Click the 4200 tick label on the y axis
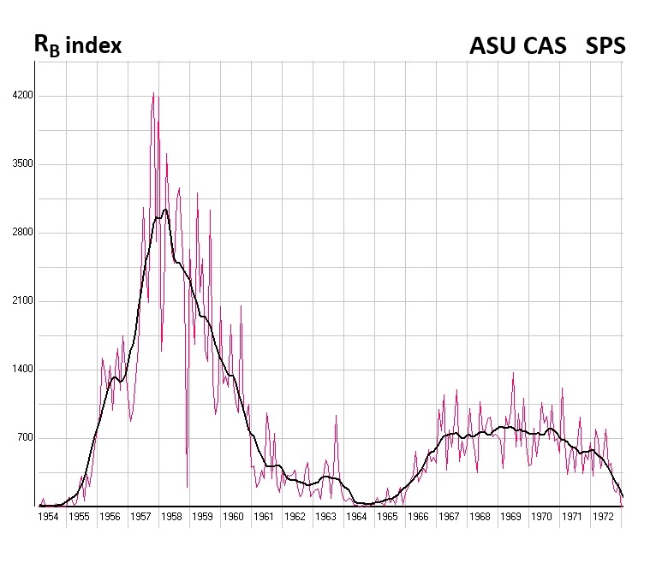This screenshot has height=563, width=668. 20,96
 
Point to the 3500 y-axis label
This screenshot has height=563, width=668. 20,164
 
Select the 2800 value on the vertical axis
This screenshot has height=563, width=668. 20,233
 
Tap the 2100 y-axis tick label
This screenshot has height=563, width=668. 20,301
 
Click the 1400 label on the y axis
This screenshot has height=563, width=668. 20,370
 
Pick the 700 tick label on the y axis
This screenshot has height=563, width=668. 22,438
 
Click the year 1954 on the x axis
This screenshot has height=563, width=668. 47,517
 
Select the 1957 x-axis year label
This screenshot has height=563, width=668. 140,517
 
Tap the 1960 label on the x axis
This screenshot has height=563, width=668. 233,517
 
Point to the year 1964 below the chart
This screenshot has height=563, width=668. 356,517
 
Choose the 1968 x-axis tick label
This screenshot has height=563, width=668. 480,517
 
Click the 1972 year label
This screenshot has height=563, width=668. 603,517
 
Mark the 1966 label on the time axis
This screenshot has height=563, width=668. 418,517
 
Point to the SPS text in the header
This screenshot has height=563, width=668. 605,45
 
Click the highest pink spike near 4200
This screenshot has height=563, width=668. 153,93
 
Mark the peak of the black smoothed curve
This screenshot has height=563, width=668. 164,209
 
